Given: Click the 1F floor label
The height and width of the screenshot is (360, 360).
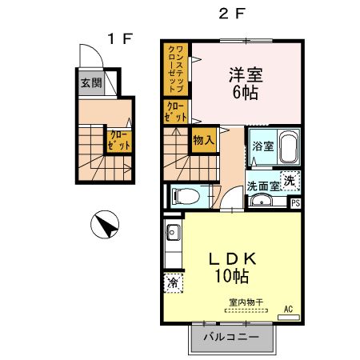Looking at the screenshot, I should (x=119, y=38).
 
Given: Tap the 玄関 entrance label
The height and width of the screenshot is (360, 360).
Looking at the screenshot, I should (x=90, y=82).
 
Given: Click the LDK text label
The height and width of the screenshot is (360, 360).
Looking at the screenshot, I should (x=232, y=260).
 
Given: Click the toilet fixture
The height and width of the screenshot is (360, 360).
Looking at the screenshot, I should (x=185, y=194).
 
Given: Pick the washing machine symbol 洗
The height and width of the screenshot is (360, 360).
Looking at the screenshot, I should (x=292, y=181).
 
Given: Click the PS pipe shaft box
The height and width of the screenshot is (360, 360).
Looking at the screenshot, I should (x=295, y=202).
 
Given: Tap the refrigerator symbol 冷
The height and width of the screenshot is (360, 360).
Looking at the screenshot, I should (x=173, y=282).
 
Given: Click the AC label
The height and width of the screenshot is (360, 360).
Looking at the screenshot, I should (x=287, y=308).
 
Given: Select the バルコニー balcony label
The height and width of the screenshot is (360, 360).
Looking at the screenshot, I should (x=230, y=338).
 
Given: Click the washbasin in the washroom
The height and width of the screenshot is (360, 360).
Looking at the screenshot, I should (x=259, y=201).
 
